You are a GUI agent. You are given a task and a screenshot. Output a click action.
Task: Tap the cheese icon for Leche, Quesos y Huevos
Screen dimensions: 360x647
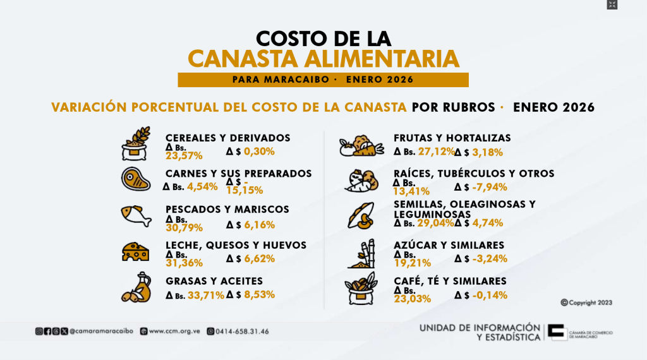click(135, 251)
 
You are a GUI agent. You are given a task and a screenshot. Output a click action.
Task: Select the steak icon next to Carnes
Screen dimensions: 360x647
click(136, 179)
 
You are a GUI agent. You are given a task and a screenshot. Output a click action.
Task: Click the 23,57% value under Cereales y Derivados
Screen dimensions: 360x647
click(184, 155)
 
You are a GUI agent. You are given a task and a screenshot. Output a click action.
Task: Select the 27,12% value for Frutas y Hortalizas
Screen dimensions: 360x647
click(436, 152)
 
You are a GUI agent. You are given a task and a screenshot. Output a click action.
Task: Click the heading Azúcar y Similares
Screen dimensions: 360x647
click(448, 245)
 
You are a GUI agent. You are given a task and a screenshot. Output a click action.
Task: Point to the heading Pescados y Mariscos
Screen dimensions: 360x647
click(227, 209)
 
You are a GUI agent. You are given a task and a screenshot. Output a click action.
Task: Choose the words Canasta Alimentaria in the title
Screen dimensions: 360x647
click(323, 59)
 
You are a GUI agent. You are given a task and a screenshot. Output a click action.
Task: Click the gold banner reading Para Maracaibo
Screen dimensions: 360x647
click(323, 80)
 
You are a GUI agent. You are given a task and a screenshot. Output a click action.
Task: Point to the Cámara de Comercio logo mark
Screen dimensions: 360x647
click(557, 332)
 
